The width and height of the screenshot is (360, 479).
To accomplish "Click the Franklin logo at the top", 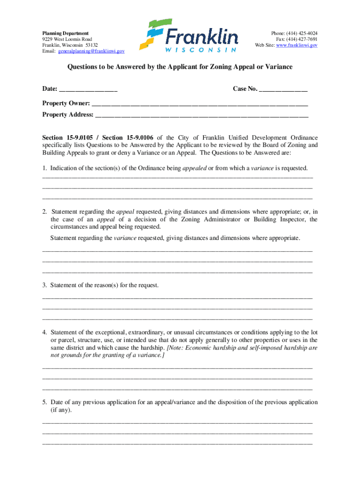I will pos(192,36).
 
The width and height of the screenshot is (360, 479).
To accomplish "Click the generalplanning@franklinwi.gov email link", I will pos(92,51).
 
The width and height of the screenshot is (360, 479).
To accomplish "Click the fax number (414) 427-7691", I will pos(304,39).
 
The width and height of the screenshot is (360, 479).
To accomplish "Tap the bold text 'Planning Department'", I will pos(65,34).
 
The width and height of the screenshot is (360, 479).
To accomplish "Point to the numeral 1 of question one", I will pos(44,168).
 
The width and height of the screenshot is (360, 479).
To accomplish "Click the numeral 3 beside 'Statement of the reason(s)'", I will pos(44,285).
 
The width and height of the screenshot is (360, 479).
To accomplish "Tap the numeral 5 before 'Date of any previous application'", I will pos(44,402).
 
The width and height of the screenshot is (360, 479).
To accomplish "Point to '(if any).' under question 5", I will pos(61,410).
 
